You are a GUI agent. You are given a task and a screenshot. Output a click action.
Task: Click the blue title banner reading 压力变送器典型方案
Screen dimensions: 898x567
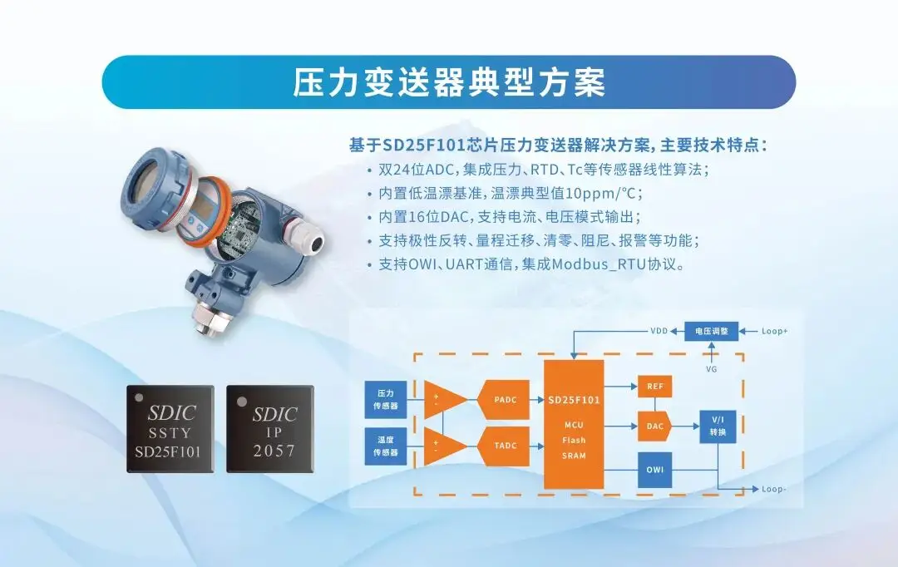449,82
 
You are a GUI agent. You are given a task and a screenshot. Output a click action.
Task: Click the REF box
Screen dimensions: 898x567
654,387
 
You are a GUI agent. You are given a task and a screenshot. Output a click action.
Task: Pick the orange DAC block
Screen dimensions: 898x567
654,426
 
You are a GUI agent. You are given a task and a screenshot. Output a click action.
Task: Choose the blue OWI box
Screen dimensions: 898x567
654,470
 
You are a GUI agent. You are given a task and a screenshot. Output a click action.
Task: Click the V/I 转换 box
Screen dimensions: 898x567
718,426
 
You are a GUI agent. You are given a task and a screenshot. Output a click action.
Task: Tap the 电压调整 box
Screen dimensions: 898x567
711,331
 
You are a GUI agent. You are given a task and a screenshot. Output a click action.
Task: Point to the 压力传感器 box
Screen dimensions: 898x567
386,399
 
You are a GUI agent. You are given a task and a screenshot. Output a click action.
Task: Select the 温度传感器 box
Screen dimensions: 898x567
386,446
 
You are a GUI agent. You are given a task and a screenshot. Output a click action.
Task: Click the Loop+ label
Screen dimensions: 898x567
774,331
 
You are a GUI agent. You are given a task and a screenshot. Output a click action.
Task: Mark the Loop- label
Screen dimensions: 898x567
774,489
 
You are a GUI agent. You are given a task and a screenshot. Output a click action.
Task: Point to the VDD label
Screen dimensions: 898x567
659,331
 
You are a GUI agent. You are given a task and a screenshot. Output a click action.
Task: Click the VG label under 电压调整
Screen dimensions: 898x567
711,369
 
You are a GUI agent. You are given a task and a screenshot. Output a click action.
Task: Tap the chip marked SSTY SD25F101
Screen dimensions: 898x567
170,429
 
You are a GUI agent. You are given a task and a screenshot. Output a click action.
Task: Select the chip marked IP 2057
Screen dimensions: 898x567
270,429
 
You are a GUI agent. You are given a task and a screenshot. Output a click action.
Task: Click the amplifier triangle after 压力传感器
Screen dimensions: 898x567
445,400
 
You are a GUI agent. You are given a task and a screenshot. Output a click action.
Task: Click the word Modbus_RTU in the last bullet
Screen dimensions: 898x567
599,264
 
